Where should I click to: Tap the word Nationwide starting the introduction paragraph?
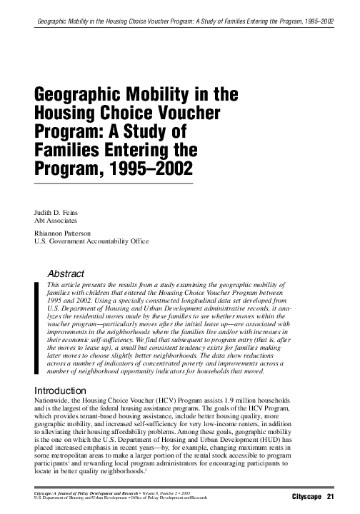(54, 401)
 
